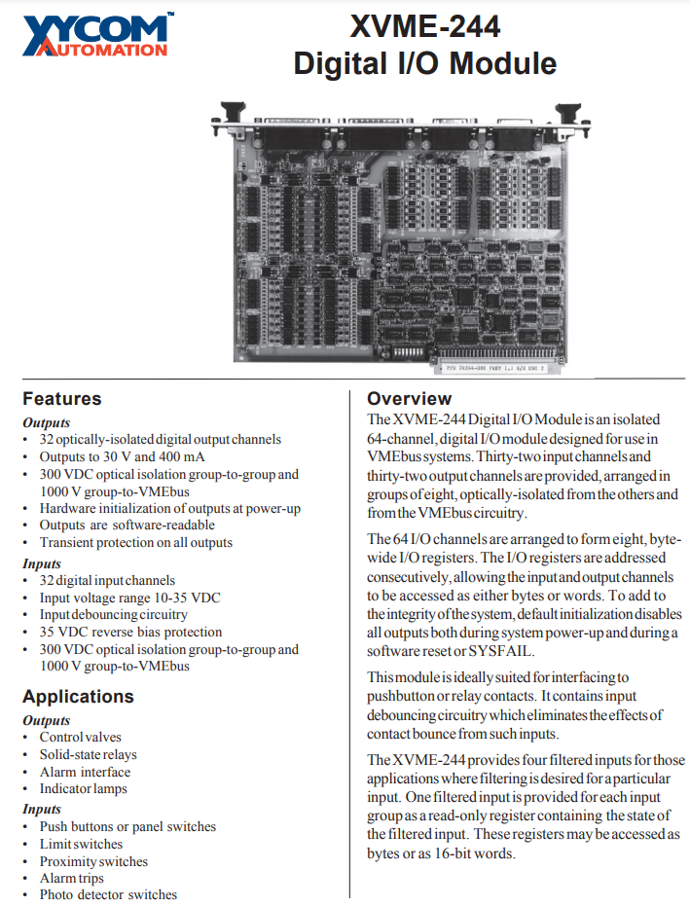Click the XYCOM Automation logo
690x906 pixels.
coord(95,36)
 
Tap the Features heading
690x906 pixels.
coord(61,398)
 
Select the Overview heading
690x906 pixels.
coord(409,398)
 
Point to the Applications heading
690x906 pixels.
coord(78,697)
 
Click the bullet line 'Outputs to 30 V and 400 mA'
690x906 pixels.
coord(122,456)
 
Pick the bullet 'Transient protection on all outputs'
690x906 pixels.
coord(135,542)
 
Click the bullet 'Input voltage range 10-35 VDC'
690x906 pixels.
coord(126,598)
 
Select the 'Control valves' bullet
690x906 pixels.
coord(80,737)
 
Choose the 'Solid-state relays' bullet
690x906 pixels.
coord(88,754)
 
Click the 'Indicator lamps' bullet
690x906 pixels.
coord(83,788)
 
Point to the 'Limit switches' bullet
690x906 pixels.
coord(81,844)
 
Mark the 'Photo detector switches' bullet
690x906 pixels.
coord(108,894)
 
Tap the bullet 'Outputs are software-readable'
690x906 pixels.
coord(127,525)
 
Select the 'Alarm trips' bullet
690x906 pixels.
coord(71,878)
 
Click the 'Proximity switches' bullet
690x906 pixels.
coord(93,861)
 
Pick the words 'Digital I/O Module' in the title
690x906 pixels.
coord(425,63)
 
